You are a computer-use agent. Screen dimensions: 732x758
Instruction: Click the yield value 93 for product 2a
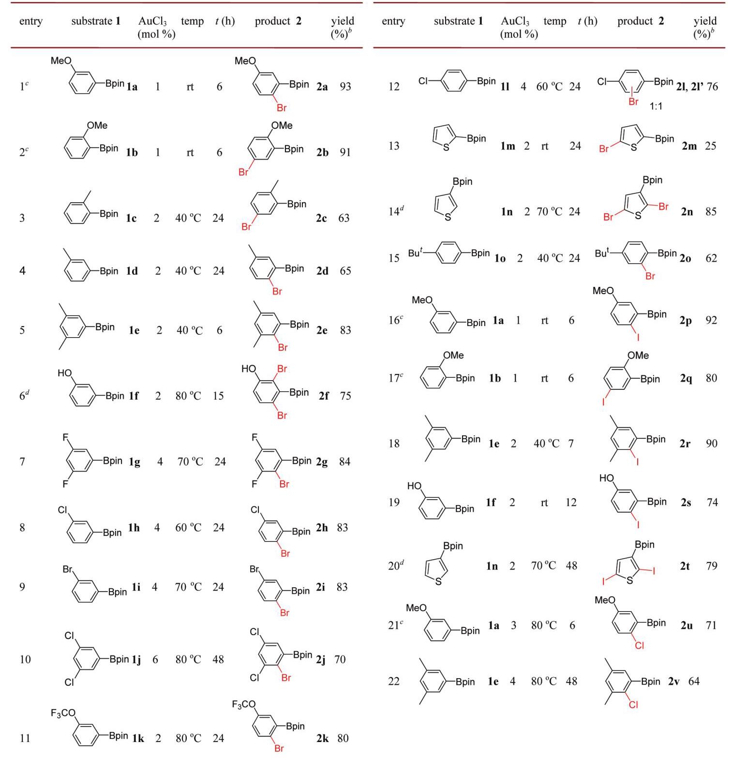[x=345, y=87]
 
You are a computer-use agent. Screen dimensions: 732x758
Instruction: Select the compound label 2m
[x=689, y=146]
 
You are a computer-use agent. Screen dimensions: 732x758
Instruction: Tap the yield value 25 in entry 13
[x=710, y=146]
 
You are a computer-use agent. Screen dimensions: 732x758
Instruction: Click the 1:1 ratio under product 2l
[x=656, y=106]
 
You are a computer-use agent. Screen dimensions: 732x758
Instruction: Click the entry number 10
[x=25, y=659]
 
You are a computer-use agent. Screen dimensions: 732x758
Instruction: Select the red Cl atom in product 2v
[x=634, y=705]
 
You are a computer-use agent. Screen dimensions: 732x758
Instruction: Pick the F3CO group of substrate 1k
[x=63, y=713]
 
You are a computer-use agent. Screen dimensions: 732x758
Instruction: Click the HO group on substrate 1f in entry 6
[x=64, y=373]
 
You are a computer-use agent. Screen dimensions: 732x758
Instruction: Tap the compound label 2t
[x=685, y=566]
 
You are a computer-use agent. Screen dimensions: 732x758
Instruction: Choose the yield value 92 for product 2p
[x=711, y=320]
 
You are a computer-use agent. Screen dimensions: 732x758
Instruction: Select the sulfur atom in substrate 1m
[x=446, y=148]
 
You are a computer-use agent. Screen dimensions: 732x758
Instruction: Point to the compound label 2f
[x=324, y=396]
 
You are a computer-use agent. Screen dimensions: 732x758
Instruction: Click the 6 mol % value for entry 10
[x=155, y=659]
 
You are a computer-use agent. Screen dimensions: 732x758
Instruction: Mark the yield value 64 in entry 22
[x=694, y=682]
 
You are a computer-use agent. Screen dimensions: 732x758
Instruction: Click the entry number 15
[x=394, y=258]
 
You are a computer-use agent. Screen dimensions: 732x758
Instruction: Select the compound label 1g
[x=134, y=462]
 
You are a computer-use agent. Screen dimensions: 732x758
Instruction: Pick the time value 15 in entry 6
[x=218, y=396]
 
